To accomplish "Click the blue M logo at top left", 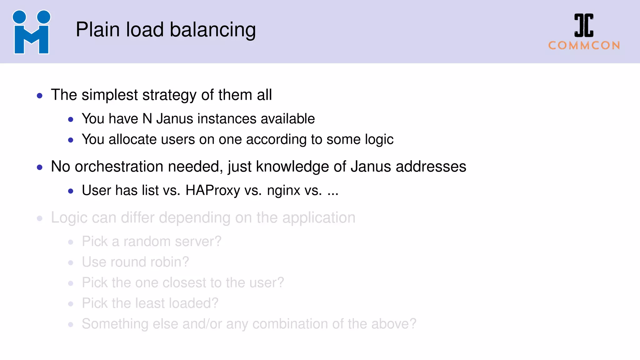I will tap(31, 32).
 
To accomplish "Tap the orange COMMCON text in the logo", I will tap(584, 46).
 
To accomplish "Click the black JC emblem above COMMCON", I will tap(584, 25).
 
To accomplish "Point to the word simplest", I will tap(109, 95).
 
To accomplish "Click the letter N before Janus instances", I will tap(147, 119).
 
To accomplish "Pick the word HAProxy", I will tap(212, 191).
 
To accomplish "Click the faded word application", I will tap(319, 218).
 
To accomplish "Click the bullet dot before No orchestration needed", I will tap(40, 167).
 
